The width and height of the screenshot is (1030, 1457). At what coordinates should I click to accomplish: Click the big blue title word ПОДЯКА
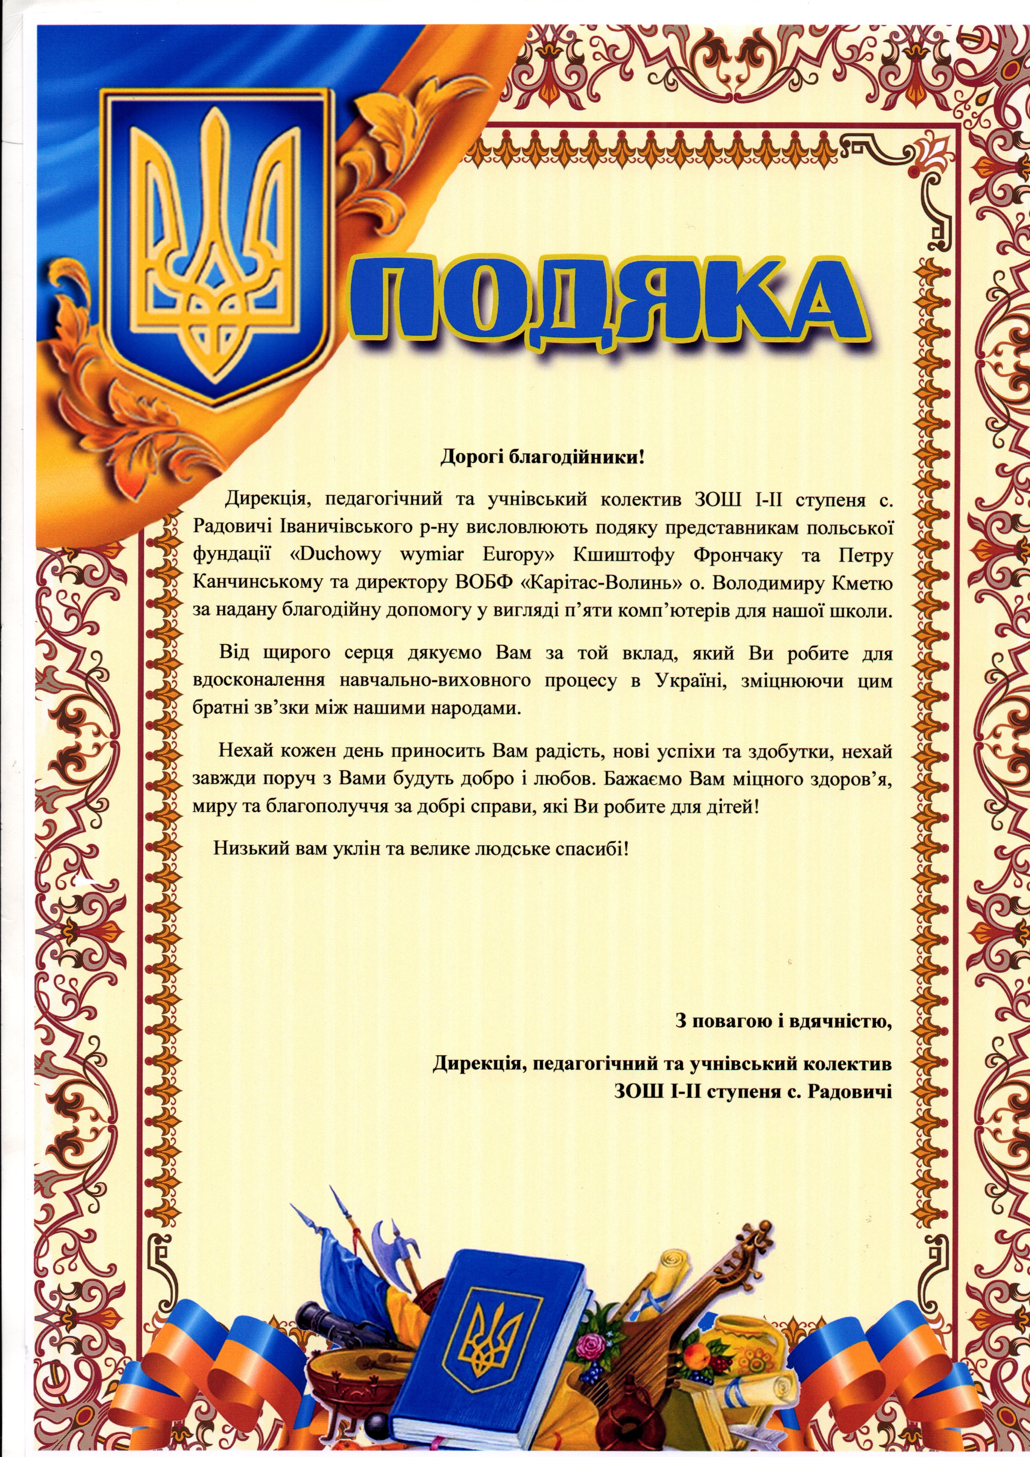(609, 298)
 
